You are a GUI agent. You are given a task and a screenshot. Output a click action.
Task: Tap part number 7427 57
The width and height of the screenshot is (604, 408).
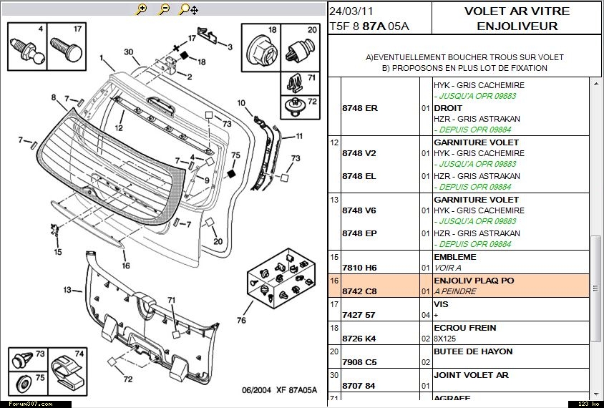pyautogui.click(x=359, y=315)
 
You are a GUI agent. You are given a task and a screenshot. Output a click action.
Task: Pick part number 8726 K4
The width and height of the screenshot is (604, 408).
pyautogui.click(x=359, y=339)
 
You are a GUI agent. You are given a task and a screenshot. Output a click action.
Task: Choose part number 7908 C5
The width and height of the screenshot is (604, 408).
pyautogui.click(x=359, y=362)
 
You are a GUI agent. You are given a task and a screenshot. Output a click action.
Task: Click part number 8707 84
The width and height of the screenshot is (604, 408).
pyautogui.click(x=359, y=386)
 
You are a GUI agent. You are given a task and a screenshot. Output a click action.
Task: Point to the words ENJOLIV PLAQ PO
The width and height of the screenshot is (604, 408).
pyautogui.click(x=474, y=281)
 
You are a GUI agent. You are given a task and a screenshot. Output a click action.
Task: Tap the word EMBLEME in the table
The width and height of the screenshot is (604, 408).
pyautogui.click(x=454, y=257)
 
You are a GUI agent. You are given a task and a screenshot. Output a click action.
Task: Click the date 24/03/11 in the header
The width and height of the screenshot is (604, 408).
pyautogui.click(x=351, y=11)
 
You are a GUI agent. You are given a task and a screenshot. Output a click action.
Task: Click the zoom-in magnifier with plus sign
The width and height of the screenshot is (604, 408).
pyautogui.click(x=142, y=9)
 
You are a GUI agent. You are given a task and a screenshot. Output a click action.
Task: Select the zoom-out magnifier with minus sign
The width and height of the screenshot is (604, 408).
pyautogui.click(x=164, y=9)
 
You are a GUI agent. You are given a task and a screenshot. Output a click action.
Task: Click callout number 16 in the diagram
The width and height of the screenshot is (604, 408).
pyautogui.click(x=126, y=266)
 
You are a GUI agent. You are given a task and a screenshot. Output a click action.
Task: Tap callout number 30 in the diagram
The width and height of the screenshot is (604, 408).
pyautogui.click(x=129, y=52)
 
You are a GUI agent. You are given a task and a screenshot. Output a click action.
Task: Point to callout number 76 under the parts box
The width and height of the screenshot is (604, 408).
pyautogui.click(x=242, y=320)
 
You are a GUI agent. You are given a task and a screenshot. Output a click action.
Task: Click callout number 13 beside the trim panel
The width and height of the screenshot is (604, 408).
pyautogui.click(x=68, y=290)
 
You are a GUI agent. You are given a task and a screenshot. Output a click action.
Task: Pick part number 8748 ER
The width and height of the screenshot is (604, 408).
pyautogui.click(x=359, y=108)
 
